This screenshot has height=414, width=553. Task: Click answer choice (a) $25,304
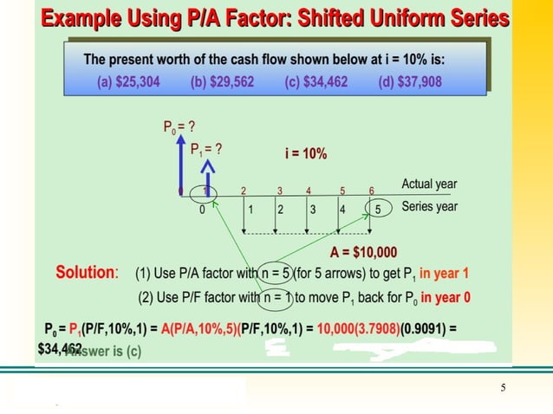[127, 83]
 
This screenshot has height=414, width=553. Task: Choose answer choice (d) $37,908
[410, 83]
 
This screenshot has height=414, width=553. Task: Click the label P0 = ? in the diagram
[179, 127]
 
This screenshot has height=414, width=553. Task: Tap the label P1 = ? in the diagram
[206, 148]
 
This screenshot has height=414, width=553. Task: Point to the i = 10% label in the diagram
[306, 153]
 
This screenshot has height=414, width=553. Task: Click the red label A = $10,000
[364, 253]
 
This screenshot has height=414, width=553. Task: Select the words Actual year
[429, 184]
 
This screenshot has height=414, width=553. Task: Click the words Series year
[429, 207]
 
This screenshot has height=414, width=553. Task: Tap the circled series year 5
[377, 209]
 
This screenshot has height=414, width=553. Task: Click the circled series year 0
[202, 209]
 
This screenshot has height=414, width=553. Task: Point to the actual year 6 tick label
[372, 191]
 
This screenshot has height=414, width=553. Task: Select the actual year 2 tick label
[244, 191]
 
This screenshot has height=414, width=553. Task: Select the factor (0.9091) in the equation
[425, 330]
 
